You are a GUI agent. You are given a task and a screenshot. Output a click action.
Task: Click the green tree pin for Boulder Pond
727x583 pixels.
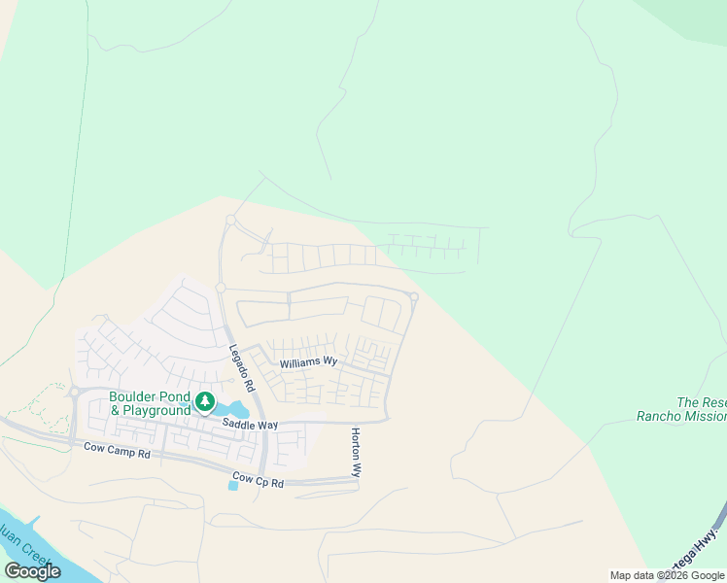(x=204, y=401)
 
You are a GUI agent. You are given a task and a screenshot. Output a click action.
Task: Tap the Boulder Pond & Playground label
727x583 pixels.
(x=150, y=403)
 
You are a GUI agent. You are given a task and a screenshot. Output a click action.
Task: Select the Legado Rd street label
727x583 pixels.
(x=242, y=367)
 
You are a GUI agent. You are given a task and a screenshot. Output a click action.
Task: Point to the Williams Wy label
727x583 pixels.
(x=308, y=362)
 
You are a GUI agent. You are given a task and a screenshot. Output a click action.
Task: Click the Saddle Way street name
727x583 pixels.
(x=250, y=425)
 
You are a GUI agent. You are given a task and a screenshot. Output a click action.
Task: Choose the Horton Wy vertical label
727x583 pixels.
(x=357, y=452)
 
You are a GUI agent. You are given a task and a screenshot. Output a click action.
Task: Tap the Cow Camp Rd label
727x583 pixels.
(x=117, y=453)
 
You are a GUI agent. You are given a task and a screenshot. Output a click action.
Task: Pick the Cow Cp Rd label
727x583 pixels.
(x=258, y=482)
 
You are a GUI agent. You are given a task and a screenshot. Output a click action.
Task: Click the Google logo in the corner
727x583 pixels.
(x=33, y=571)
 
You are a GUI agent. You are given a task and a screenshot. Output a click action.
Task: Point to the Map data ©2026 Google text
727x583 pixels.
(x=667, y=575)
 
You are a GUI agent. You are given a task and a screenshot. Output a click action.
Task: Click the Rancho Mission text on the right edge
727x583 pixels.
(x=680, y=416)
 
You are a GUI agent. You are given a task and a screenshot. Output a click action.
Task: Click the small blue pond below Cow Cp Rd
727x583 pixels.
(x=232, y=486)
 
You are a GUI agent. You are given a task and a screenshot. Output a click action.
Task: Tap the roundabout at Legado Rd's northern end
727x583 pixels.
(x=230, y=221)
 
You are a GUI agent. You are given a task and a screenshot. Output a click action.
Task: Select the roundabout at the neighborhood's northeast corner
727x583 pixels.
(x=413, y=297)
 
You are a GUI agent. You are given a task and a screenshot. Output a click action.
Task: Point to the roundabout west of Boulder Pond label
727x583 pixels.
(x=74, y=393)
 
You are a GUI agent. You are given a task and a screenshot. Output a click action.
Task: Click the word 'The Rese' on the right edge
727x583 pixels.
(x=701, y=402)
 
